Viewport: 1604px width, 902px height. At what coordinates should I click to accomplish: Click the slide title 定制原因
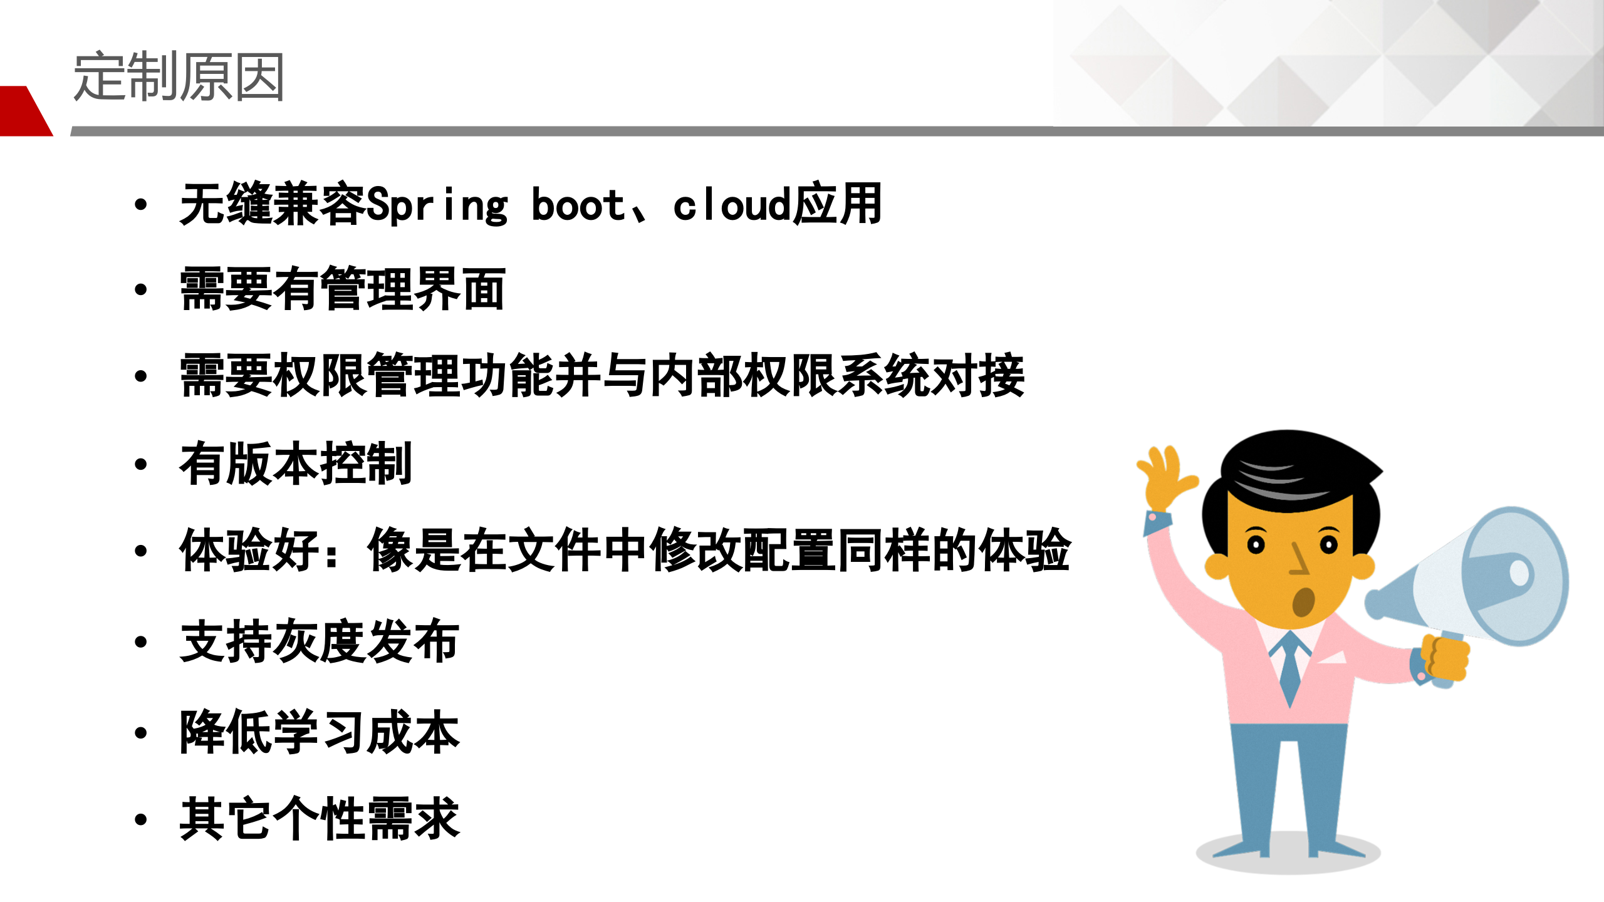click(179, 76)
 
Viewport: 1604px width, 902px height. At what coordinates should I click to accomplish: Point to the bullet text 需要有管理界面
click(342, 289)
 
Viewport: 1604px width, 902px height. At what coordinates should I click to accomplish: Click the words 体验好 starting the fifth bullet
click(249, 550)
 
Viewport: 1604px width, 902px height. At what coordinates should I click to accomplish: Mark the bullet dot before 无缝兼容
click(141, 204)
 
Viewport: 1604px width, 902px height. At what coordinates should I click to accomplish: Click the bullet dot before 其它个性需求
click(141, 819)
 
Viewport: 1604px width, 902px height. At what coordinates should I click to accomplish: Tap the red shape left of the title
click(24, 111)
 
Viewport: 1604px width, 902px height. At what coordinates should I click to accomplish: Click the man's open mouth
click(1303, 601)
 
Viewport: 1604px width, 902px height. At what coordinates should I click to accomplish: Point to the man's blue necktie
click(1289, 667)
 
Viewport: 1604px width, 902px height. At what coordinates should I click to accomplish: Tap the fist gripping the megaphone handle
click(1445, 658)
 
